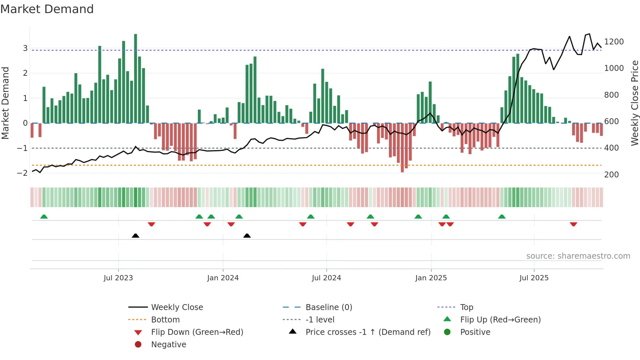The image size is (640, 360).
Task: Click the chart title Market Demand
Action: point(47,9)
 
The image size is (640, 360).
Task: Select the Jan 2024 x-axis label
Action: point(223,278)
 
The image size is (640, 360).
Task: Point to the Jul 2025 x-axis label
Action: point(534,278)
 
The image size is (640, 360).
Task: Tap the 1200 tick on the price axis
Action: point(614,42)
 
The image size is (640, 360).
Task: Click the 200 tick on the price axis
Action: point(611,175)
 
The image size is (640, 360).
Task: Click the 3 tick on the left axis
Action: point(25,48)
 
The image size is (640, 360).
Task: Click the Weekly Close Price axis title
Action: point(634,103)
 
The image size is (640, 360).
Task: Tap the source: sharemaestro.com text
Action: point(578,256)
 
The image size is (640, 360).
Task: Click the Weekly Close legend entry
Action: point(177,307)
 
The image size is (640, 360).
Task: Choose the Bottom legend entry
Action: point(165,320)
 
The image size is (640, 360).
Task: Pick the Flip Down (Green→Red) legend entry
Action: point(197,332)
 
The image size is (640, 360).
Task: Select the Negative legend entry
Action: point(168,345)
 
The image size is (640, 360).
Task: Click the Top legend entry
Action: point(466,307)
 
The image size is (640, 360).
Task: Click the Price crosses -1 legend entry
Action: point(368,332)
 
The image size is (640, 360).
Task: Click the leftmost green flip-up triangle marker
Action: point(44,217)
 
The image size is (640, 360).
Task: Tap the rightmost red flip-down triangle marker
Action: point(573,224)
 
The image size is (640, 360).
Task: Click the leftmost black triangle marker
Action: point(136,236)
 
